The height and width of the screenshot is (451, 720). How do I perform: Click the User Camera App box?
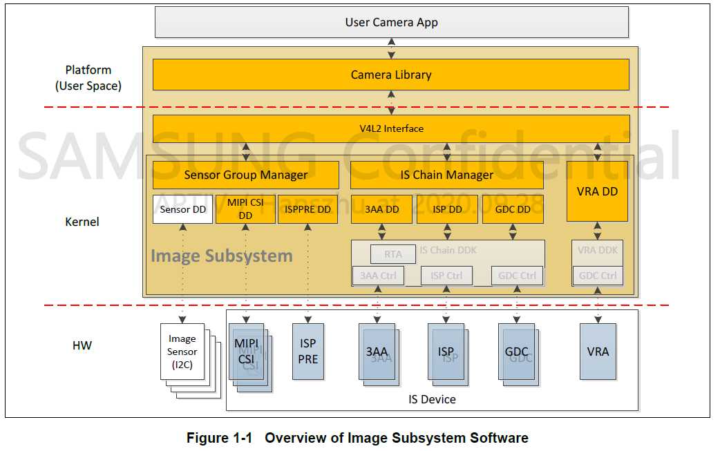click(391, 22)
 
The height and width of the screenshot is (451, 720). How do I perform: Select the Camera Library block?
click(391, 75)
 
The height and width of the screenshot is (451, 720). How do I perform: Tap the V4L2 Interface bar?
click(391, 128)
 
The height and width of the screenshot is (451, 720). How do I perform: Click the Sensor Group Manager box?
click(245, 175)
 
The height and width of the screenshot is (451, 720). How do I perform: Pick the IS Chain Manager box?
click(447, 175)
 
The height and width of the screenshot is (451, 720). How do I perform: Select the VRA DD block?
click(597, 191)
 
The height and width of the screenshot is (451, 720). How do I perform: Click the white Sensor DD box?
click(183, 209)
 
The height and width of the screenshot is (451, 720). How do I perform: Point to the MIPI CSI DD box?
click(245, 209)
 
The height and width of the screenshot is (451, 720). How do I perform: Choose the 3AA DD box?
click(381, 209)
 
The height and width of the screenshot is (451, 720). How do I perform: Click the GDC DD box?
click(513, 209)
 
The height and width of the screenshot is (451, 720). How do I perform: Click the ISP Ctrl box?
click(446, 276)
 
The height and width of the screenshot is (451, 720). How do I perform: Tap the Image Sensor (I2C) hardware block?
click(182, 350)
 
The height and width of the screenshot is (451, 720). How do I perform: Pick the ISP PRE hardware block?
click(308, 351)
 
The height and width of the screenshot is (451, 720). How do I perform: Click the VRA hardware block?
click(598, 352)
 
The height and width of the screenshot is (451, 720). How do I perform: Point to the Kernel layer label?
click(82, 222)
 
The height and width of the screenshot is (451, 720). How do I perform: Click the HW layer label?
click(82, 345)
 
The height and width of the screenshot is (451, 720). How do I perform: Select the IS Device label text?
click(432, 399)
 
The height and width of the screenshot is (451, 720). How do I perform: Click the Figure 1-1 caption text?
click(357, 438)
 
